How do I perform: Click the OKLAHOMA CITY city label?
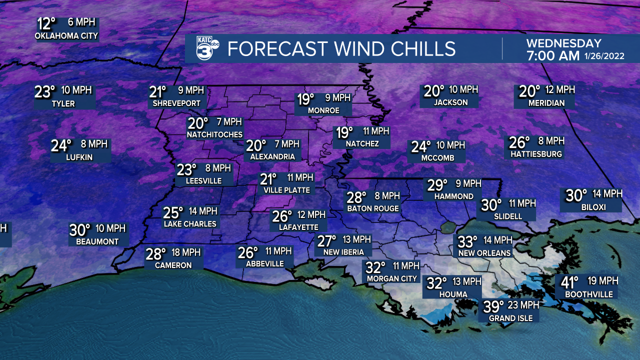click(66, 36)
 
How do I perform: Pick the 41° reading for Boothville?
click(569, 282)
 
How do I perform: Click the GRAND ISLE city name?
click(510, 318)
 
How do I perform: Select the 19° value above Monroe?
click(305, 99)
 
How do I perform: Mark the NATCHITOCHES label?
click(214, 134)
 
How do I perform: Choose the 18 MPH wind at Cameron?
click(183, 252)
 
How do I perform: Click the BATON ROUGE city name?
click(373, 208)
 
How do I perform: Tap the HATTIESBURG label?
click(536, 154)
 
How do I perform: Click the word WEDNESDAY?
click(563, 43)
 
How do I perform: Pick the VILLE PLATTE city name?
click(286, 190)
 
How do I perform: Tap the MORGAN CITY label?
click(392, 278)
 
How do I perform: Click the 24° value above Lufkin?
click(61, 145)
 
